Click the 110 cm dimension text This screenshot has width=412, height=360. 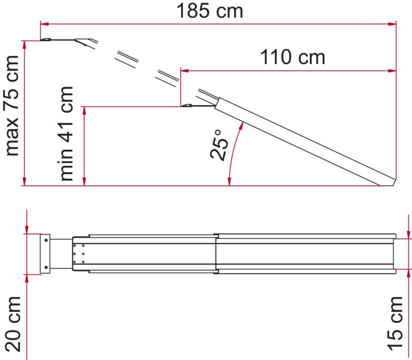(292, 57)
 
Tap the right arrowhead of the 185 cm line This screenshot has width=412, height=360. (393, 24)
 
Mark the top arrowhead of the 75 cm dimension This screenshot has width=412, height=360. (25, 44)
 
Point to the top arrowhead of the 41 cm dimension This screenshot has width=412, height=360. (85, 110)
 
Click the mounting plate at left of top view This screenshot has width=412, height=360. (45, 253)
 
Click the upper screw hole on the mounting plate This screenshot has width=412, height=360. (46, 240)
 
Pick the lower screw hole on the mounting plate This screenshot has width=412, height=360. (46, 267)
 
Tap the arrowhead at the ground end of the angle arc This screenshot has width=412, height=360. (229, 182)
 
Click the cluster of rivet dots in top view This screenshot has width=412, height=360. (79, 254)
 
